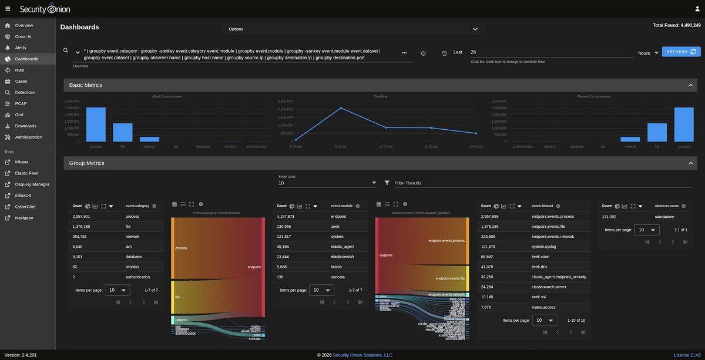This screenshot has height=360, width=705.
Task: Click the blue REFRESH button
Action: pos(681,52)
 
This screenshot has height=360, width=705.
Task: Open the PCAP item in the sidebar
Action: pos(21,103)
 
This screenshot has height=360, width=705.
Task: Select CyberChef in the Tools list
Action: pos(25,207)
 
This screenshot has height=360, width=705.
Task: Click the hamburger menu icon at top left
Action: pos(8,9)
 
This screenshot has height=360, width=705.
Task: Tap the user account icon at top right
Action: pos(697,9)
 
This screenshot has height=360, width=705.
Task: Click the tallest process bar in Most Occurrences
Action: pos(96,124)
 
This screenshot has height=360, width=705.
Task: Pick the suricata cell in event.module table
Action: pos(340,277)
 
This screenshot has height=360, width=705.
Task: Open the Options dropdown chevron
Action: pos(475,29)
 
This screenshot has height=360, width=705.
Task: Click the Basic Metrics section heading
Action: pos(86,85)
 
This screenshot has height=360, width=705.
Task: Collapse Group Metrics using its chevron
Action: pos(691,163)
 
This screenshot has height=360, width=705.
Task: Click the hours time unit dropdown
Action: pos(648,53)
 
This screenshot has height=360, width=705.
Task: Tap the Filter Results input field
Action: pos(540,183)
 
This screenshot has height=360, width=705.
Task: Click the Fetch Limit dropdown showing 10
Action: pos(327,183)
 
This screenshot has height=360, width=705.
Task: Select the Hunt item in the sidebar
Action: pos(21,70)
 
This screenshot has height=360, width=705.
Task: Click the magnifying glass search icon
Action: pos(66,51)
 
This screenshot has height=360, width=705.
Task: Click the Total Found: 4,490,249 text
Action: pos(676,25)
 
